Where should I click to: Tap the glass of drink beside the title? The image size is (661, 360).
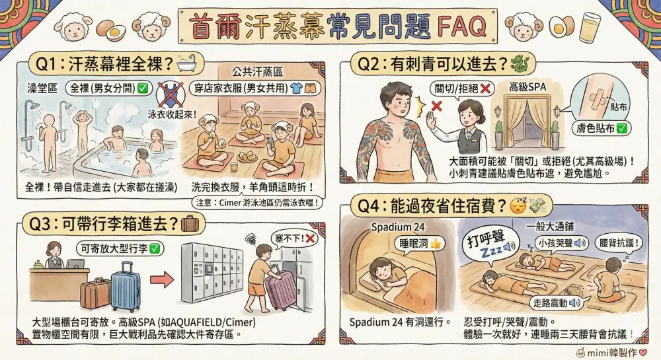click(591, 26)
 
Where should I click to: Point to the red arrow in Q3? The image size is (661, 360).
click(162, 279)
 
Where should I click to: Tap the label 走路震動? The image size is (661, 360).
click(556, 303)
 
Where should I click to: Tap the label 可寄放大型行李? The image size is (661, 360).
click(120, 249)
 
